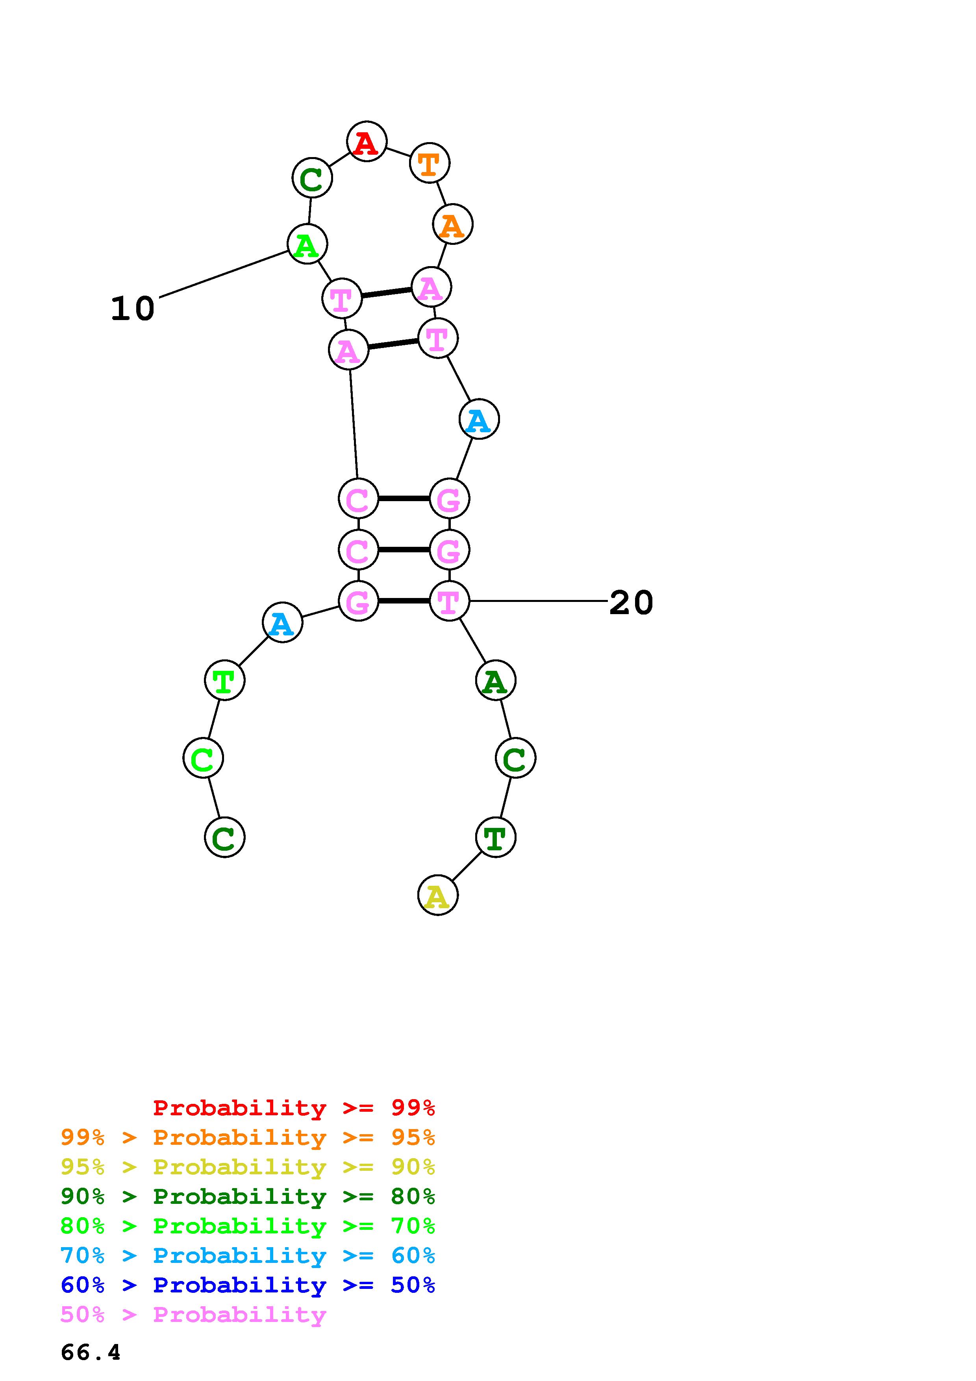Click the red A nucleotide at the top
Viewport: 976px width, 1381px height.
[366, 141]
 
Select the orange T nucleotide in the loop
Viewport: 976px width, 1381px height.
[430, 163]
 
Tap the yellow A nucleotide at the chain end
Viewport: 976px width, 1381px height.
[438, 896]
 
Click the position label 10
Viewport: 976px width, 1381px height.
[132, 309]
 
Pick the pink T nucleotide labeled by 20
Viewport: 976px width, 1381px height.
[449, 601]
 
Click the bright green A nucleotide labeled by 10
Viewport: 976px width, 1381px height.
[307, 244]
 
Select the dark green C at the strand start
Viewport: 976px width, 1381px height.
[224, 837]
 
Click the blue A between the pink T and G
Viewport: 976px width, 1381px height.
[479, 419]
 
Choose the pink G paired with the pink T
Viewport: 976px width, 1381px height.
[358, 601]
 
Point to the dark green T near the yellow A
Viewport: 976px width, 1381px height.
[496, 837]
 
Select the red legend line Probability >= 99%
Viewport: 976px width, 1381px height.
[294, 1108]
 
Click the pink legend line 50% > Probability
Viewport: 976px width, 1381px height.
[194, 1315]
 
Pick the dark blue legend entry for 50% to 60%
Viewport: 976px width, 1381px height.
[248, 1285]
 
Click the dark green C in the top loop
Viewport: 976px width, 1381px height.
[312, 178]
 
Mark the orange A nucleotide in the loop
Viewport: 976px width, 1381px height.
[452, 225]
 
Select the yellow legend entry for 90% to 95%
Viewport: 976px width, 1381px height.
[248, 1168]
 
